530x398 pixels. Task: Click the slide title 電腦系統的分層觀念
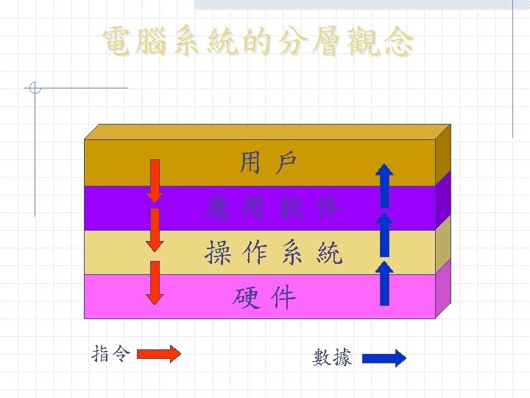(257, 42)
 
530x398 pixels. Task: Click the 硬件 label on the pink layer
(264, 298)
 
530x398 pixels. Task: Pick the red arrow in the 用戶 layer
(155, 179)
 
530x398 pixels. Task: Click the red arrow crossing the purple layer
(155, 229)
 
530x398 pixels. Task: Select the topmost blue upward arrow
(384, 184)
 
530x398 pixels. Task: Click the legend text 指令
(111, 355)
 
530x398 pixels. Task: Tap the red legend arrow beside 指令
(159, 355)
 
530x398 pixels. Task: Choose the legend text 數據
(332, 358)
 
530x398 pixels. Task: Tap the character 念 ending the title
(397, 42)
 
